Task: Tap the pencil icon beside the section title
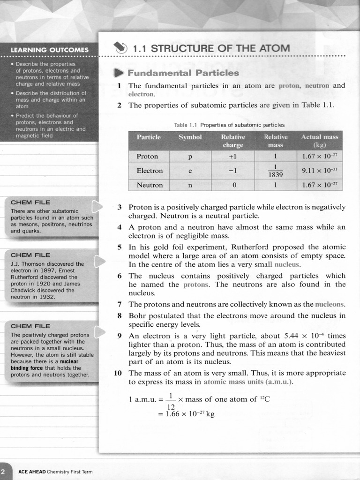click(x=120, y=48)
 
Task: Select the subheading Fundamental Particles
click(x=183, y=73)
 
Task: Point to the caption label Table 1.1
click(x=186, y=125)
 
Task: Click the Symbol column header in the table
click(x=190, y=137)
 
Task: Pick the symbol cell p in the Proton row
click(x=190, y=156)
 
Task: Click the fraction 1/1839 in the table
click(x=276, y=171)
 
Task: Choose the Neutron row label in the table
click(x=150, y=185)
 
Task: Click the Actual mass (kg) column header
click(x=320, y=141)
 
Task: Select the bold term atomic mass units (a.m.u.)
click(x=248, y=382)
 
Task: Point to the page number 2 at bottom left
click(x=3, y=471)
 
